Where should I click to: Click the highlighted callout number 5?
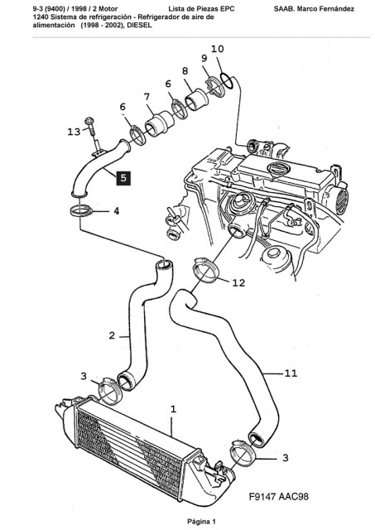[123, 178]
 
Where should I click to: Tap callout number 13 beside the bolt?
[74, 131]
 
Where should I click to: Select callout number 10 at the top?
[217, 49]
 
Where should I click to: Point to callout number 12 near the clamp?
[238, 282]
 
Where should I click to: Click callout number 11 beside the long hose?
[291, 373]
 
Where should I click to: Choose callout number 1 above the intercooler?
[173, 409]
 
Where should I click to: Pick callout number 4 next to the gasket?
[116, 211]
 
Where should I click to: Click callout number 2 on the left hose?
[112, 335]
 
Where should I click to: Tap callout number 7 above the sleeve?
[147, 97]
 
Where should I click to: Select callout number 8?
[185, 71]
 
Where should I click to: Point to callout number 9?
[204, 59]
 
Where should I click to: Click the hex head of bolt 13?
[89, 122]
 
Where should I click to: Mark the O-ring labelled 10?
[227, 81]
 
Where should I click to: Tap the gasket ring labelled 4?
[81, 212]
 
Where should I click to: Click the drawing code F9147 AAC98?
[278, 496]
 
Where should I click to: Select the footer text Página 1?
[201, 522]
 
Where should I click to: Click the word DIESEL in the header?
[140, 25]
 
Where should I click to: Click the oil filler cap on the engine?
[277, 168]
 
